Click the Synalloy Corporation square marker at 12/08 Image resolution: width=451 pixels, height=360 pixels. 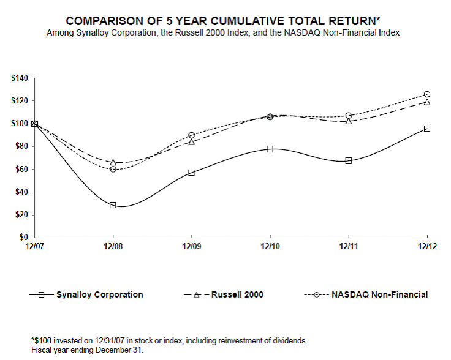coord(113,205)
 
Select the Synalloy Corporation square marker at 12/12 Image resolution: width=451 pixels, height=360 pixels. coord(427,129)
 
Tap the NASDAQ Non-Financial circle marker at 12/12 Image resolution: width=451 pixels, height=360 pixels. coord(427,94)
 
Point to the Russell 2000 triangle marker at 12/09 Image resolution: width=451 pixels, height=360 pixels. coord(192,141)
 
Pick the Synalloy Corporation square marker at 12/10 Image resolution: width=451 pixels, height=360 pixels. coord(270,149)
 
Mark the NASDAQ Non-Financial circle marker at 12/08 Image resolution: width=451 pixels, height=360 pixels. coord(113,169)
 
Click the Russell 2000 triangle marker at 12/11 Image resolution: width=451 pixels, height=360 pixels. coord(349,121)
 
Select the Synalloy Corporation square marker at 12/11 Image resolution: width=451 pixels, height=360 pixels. coord(349,161)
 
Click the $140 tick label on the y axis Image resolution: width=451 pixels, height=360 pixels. coord(20,78)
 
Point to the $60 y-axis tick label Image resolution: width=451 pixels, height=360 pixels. coord(22,169)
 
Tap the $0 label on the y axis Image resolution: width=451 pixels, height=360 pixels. coord(25,238)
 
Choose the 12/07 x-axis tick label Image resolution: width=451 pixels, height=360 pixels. coord(34,246)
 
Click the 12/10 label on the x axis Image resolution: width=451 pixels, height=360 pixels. coord(270,246)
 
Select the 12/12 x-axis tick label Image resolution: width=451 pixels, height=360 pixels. coord(427,246)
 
